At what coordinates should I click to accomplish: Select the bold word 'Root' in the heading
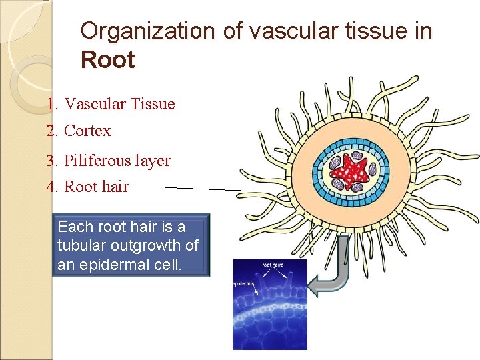(x=107, y=60)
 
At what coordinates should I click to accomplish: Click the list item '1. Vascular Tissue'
(x=111, y=104)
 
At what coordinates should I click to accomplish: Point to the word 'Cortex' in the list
(x=87, y=131)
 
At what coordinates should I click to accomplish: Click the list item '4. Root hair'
(x=88, y=187)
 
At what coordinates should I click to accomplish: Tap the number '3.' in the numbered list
(x=53, y=161)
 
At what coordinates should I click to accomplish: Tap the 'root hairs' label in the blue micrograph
(x=272, y=265)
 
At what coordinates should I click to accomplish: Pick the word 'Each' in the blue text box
(x=75, y=227)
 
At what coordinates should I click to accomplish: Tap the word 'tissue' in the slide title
(x=378, y=31)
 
